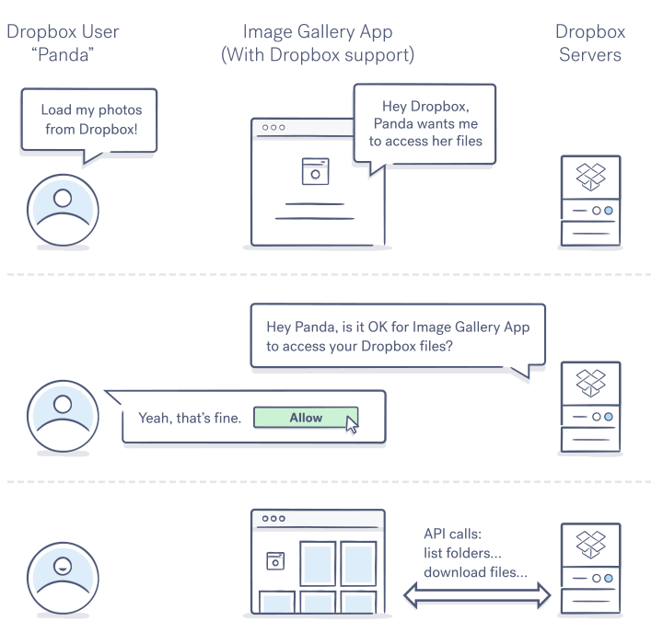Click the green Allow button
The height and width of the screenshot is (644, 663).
click(306, 418)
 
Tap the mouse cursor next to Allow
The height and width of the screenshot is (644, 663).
click(352, 424)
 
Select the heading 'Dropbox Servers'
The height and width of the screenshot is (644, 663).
click(590, 43)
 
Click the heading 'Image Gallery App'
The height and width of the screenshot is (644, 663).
click(318, 32)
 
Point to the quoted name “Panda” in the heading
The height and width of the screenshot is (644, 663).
click(63, 54)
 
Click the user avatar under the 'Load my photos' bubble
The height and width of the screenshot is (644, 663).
click(63, 207)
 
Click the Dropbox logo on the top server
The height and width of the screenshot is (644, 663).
click(590, 177)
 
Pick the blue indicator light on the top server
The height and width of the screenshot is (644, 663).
click(609, 211)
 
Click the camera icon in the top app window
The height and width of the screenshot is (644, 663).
click(315, 171)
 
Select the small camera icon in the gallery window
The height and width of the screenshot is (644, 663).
click(274, 559)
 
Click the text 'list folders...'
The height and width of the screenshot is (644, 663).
click(463, 553)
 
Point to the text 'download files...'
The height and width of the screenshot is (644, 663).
click(475, 572)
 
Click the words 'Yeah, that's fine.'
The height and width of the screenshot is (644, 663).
click(190, 418)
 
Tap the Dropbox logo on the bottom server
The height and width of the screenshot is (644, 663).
click(590, 543)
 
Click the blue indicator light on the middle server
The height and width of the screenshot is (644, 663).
click(609, 417)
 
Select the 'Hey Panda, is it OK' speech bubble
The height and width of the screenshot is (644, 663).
click(398, 337)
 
